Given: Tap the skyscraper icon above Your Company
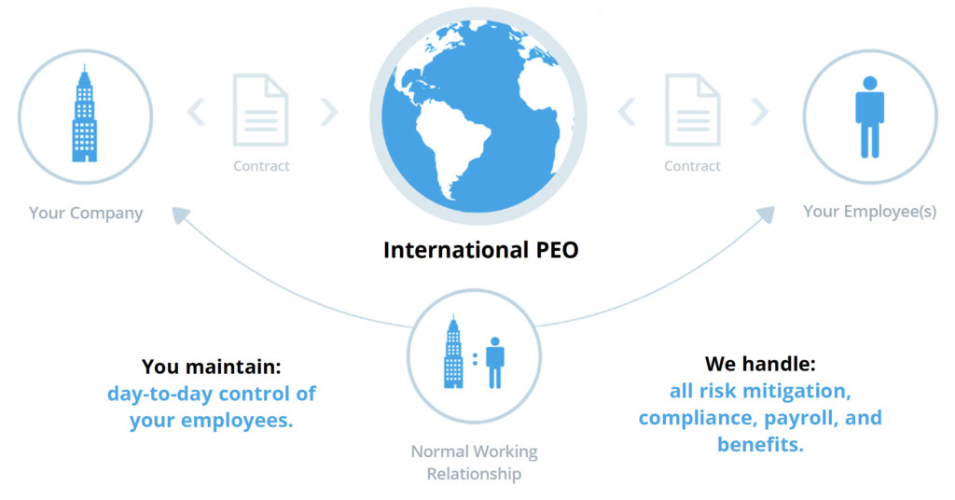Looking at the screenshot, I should (x=84, y=114).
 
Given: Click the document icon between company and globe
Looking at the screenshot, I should (x=261, y=110).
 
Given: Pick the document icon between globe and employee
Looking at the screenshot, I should (x=692, y=110).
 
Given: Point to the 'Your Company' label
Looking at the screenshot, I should (x=86, y=213).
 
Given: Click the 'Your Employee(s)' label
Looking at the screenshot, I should (x=869, y=212).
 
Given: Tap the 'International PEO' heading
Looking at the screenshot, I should (x=480, y=250).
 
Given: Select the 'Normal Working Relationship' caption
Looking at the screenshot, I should (x=474, y=463).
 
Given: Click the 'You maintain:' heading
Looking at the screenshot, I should (x=212, y=366).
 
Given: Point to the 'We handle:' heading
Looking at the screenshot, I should (x=760, y=361).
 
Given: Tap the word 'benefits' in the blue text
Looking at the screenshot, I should (x=760, y=444).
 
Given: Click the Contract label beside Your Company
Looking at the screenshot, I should (x=261, y=166).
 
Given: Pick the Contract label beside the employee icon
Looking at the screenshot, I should (x=692, y=166).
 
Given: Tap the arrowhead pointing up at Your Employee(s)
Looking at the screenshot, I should (x=767, y=214).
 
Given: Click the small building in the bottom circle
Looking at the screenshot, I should (x=454, y=356).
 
